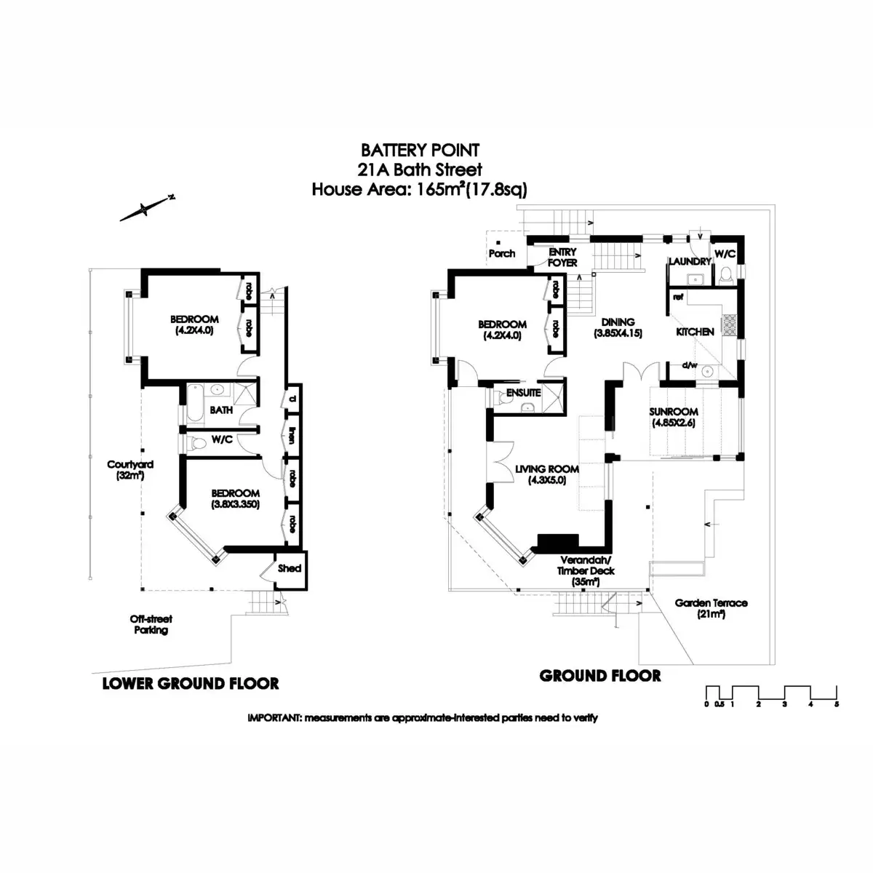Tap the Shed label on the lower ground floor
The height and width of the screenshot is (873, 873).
click(x=289, y=568)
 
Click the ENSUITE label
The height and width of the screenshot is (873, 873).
click(x=524, y=392)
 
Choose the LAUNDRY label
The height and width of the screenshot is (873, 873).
click(x=689, y=261)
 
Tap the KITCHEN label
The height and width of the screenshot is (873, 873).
click(x=695, y=332)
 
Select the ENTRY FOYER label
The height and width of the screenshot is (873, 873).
click(x=562, y=257)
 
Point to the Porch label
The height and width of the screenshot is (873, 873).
click(x=502, y=253)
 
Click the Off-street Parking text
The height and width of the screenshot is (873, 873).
click(x=151, y=624)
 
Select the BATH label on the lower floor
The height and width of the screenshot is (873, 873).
click(x=221, y=410)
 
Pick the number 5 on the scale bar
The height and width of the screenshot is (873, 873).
click(x=837, y=704)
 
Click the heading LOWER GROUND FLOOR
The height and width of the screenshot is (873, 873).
click(x=191, y=683)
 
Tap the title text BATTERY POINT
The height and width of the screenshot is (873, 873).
click(x=420, y=151)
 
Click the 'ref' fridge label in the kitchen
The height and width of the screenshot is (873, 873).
click(x=678, y=297)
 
